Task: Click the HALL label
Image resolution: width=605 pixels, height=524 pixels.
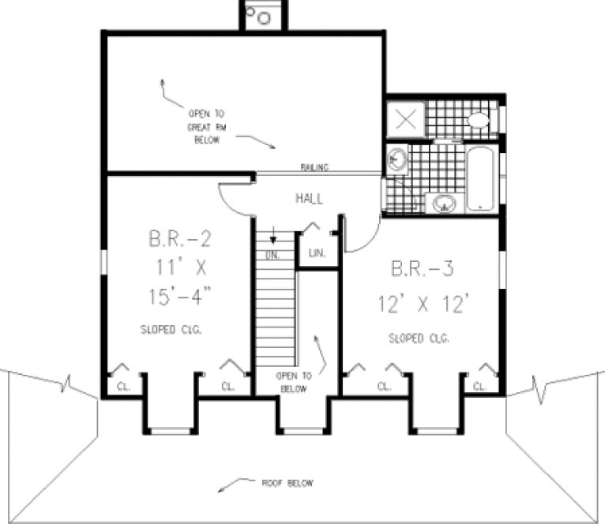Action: [309, 199]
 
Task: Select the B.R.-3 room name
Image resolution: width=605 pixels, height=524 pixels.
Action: [422, 269]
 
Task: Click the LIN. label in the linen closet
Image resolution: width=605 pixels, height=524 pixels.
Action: [318, 253]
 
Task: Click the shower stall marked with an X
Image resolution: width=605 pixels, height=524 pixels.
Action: [405, 121]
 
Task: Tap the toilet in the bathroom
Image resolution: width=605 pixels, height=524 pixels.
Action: [479, 121]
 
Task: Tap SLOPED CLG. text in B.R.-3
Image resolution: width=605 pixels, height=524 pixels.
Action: [419, 339]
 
